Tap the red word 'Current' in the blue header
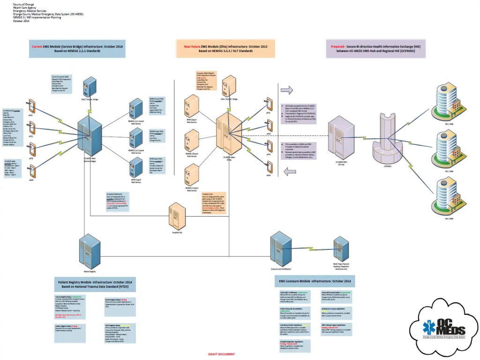(x=37, y=46)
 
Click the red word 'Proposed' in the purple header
(x=337, y=46)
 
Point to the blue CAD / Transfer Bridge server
(x=90, y=87)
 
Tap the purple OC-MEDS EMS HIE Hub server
(x=342, y=141)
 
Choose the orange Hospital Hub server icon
(x=175, y=215)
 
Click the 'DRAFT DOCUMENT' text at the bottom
(x=222, y=354)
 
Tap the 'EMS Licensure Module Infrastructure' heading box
(x=315, y=280)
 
